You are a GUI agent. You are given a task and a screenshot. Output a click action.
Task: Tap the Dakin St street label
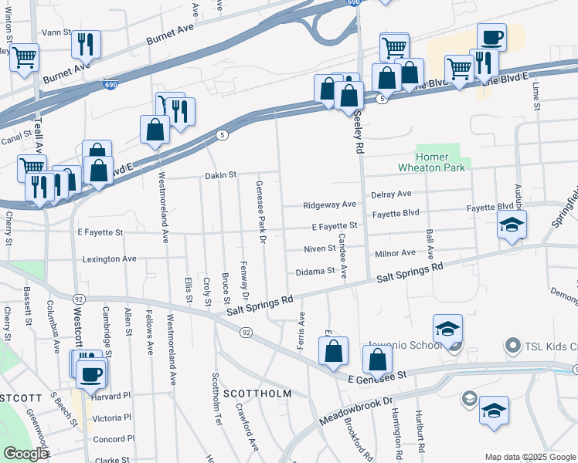tap(220, 176)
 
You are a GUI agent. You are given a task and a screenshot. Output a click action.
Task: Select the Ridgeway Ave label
tap(329, 205)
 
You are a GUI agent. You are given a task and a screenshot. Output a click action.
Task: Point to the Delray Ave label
tap(391, 194)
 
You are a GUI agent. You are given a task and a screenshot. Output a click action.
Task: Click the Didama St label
tap(315, 272)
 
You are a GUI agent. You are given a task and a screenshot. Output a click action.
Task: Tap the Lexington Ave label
tap(109, 259)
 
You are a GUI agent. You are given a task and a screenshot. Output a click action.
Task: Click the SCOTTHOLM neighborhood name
tap(257, 394)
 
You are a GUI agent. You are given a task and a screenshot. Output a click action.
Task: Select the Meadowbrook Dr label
tap(355, 414)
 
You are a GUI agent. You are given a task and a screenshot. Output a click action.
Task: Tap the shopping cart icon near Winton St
tap(24, 56)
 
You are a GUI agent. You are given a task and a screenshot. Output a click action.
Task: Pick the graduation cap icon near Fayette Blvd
tap(512, 225)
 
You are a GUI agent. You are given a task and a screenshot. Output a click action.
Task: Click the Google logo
tap(25, 454)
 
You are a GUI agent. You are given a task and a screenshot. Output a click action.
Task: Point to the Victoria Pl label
tap(112, 417)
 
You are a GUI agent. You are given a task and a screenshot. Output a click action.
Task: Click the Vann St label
tap(56, 33)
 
